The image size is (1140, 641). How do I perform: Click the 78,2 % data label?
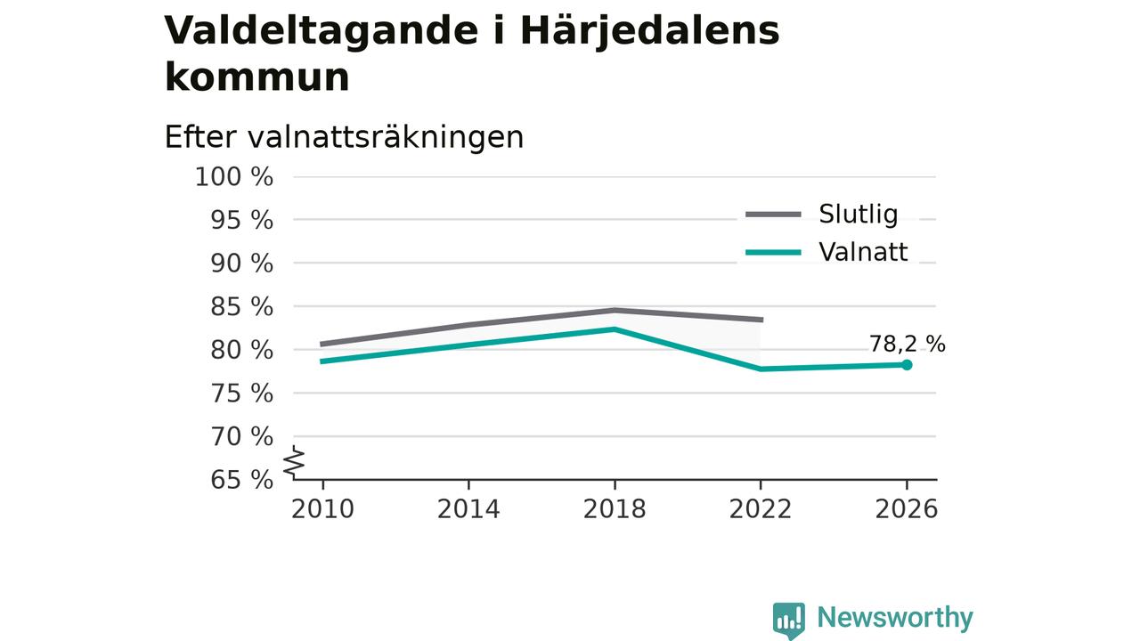(907, 345)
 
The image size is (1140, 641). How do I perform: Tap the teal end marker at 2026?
(907, 365)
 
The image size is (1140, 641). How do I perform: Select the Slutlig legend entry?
(821, 215)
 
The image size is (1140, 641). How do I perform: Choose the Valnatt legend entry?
(826, 252)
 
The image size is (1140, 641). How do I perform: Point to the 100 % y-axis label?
(234, 177)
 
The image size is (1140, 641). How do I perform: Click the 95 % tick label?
(241, 220)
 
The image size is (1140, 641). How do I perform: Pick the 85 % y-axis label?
(241, 307)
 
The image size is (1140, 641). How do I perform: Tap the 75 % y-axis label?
(241, 394)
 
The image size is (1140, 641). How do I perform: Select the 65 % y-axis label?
(241, 480)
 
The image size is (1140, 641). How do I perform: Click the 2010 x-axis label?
(322, 509)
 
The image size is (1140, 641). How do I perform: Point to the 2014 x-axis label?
(468, 509)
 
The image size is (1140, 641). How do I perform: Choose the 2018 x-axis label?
(615, 509)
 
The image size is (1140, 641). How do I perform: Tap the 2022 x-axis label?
(761, 509)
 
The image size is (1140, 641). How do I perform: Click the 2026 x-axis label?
(906, 509)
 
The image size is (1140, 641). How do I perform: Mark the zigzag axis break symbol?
(294, 462)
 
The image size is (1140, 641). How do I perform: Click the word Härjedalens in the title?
(650, 31)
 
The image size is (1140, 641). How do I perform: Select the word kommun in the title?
(257, 77)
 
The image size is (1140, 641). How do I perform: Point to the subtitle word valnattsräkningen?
(386, 137)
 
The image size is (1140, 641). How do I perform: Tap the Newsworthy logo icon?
(789, 621)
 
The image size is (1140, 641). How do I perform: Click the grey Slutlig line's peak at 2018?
(615, 310)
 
